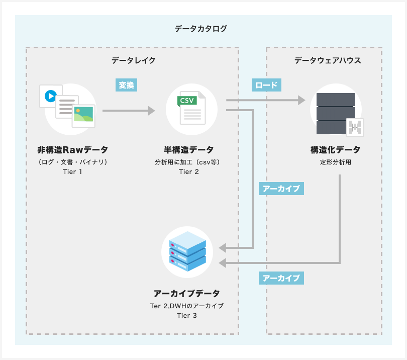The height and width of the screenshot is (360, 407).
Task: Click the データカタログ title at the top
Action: pyautogui.click(x=200, y=29)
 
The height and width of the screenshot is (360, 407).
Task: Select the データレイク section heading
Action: pyautogui.click(x=133, y=60)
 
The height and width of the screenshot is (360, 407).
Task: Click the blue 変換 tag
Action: pyautogui.click(x=126, y=85)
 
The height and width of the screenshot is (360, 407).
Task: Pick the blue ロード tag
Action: pyautogui.click(x=266, y=85)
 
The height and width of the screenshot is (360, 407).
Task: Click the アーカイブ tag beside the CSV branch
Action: pyautogui.click(x=281, y=189)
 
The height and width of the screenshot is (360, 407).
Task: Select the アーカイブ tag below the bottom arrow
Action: pyautogui.click(x=281, y=278)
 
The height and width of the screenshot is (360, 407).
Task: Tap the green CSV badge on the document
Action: pyautogui.click(x=187, y=100)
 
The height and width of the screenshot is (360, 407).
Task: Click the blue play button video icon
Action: pyautogui.click(x=50, y=96)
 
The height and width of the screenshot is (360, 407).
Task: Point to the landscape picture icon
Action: pyautogui.click(x=83, y=115)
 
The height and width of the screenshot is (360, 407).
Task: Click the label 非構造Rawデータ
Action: pyautogui.click(x=72, y=150)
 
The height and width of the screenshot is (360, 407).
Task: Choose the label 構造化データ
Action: pyautogui.click(x=335, y=150)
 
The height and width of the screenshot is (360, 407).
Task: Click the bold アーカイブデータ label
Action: pyautogui.click(x=186, y=293)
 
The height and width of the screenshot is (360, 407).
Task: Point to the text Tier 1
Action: pyautogui.click(x=73, y=172)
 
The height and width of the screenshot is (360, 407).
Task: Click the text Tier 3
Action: pyautogui.click(x=186, y=315)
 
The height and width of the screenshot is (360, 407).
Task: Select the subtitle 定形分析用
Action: pyautogui.click(x=335, y=162)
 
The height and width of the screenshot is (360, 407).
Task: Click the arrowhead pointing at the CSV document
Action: pyautogui.click(x=151, y=111)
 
